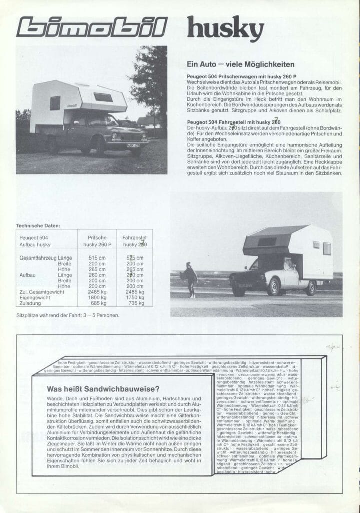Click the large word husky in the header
225,28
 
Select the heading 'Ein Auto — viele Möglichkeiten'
240,64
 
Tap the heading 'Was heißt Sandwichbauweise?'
103,389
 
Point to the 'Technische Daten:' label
38,225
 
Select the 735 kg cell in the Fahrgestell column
135,303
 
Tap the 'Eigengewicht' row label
34,297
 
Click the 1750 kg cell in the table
135,297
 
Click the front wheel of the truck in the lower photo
273,286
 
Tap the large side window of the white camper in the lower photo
327,248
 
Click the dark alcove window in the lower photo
267,242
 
